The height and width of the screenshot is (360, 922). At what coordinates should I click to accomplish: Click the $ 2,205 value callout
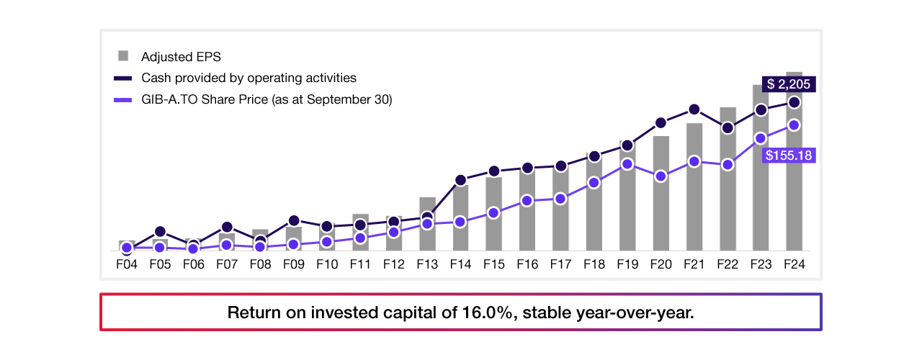click(789, 84)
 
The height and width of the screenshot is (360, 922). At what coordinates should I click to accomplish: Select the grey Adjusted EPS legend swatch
click(123, 56)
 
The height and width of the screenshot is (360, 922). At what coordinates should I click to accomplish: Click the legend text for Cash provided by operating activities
click(249, 78)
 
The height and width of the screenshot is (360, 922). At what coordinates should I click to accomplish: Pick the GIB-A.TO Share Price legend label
click(267, 100)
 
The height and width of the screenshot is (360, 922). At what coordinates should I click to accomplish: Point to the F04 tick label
click(127, 264)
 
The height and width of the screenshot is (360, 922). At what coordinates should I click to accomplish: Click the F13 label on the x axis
click(427, 264)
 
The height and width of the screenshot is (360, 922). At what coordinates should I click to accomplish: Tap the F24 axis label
click(794, 264)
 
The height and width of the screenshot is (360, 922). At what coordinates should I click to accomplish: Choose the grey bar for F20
click(661, 209)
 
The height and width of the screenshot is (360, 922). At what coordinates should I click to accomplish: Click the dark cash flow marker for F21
click(694, 109)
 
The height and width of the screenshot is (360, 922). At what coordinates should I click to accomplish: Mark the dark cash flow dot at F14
click(461, 180)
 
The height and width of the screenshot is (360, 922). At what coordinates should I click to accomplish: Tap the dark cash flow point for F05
click(160, 232)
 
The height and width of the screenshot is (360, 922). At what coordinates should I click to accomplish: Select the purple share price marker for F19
click(627, 164)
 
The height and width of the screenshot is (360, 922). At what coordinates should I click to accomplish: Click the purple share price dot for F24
click(794, 125)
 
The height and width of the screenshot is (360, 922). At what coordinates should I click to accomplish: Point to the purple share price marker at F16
click(527, 201)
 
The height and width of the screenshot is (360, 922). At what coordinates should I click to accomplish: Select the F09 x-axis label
click(294, 264)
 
